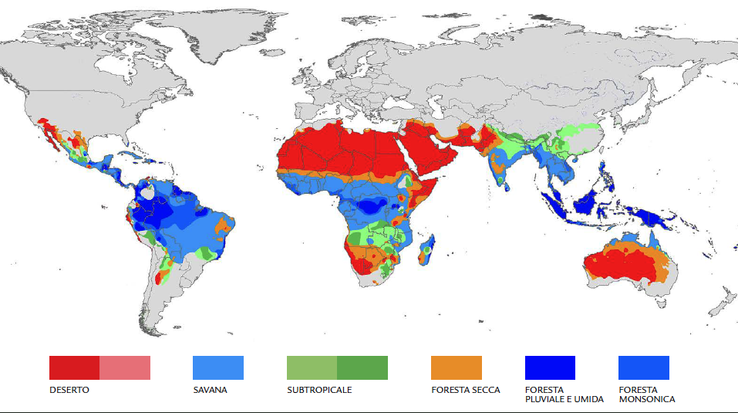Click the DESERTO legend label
pos(69,390)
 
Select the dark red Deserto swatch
pos(74,367)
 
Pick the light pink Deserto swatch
pos(125,367)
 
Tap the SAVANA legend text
pos(210,390)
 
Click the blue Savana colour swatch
pos(217,367)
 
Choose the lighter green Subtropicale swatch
pos(312,367)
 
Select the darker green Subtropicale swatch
pos(362,367)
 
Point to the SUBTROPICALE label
pos(319,390)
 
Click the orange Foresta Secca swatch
pos(457,367)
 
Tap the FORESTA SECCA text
pos(466,390)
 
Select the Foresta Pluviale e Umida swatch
pos(550,367)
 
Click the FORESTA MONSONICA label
pos(646,394)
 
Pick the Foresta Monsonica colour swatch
pos(644,367)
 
